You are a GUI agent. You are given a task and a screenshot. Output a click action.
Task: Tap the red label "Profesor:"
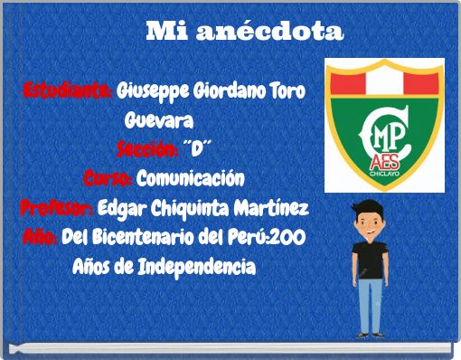pos(55,209)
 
